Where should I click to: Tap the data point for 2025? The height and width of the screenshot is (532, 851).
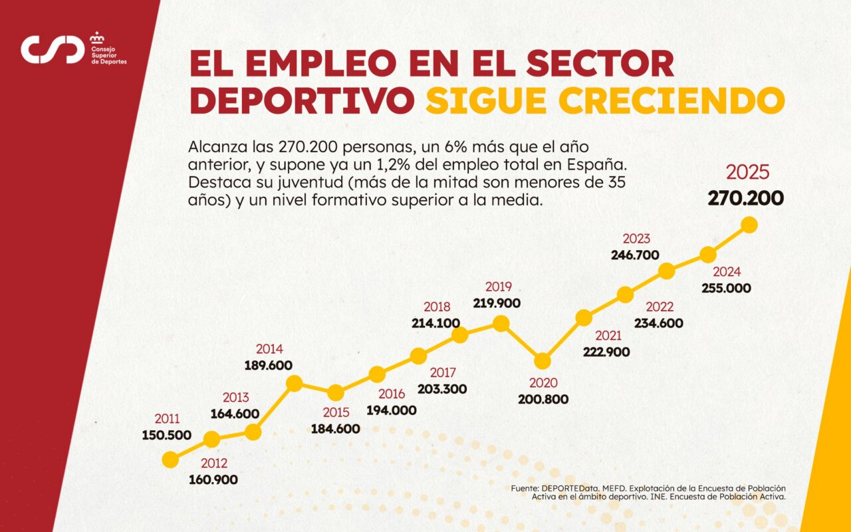pos(749,225)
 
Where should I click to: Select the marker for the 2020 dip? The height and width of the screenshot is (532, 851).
pos(543,361)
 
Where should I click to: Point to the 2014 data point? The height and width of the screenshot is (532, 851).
pos(294,383)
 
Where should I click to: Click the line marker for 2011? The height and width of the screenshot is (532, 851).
pos(170,460)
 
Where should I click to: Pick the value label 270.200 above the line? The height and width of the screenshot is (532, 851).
pos(745,198)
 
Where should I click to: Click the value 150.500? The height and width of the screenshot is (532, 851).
pos(167,436)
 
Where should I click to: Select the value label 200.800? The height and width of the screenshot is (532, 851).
pos(543,400)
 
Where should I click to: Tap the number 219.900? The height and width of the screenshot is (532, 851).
pos(497,303)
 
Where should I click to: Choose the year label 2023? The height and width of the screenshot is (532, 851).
pos(636,239)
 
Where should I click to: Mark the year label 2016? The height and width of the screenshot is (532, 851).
pos(391,394)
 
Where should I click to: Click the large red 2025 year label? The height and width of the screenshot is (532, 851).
pos(748,172)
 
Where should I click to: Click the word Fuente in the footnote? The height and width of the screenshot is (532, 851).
pos(525,488)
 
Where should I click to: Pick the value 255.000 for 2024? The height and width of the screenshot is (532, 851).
pos(726,289)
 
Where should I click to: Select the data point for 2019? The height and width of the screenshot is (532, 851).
pos(501,324)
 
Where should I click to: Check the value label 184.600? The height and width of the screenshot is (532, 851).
pos(336,429)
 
